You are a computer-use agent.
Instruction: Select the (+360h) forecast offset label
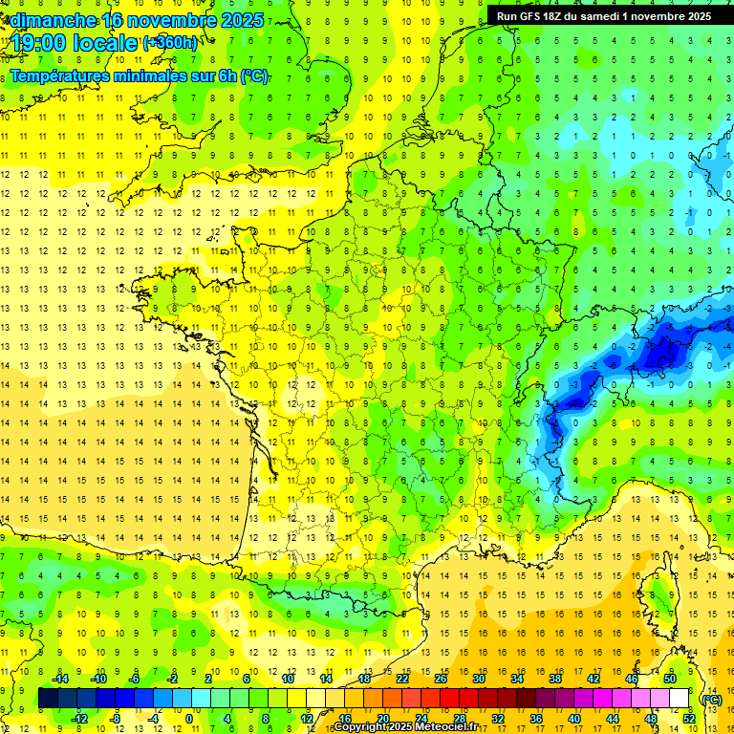pyautogui.click(x=170, y=43)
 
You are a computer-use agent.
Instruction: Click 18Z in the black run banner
pyautogui.click(x=562, y=16)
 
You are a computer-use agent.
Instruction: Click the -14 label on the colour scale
pyautogui.click(x=62, y=679)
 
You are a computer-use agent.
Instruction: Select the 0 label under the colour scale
pyautogui.click(x=188, y=719)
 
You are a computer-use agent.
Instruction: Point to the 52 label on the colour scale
pyautogui.click(x=689, y=719)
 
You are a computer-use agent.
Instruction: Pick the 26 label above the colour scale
pyautogui.click(x=441, y=679)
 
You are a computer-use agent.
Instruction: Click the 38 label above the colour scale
pyautogui.click(x=554, y=679)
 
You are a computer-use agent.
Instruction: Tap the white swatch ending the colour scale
pyautogui.click(x=680, y=699)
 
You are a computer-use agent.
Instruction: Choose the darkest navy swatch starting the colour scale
pyautogui.click(x=48, y=699)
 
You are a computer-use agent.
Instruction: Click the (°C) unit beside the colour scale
pyautogui.click(x=712, y=700)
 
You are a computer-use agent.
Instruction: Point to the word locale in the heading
pyautogui.click(x=108, y=42)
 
